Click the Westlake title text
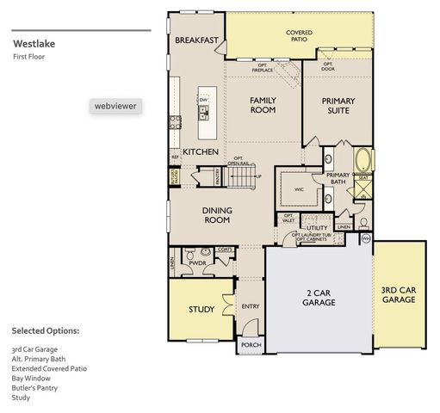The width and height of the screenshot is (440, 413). click(34, 42)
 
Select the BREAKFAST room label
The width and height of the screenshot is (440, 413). click(196, 40)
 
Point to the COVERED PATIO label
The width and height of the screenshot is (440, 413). click(300, 36)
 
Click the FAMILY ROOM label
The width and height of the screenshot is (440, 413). click(263, 105)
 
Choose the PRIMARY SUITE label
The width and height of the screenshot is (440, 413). click(338, 106)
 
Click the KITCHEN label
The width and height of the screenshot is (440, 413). click(200, 152)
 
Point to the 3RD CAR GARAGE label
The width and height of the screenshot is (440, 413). click(399, 295)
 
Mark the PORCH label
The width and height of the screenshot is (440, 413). click(251, 345)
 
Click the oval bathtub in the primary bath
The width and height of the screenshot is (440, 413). click(363, 161)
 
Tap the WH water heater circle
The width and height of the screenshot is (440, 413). click(365, 238)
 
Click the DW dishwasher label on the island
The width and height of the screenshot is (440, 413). click(204, 101)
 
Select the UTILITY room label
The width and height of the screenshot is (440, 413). click(317, 228)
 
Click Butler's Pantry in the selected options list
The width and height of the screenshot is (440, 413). click(36, 388)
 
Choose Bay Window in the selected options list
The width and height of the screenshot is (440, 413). click(31, 378)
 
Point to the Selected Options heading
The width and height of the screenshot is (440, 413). click(45, 330)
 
